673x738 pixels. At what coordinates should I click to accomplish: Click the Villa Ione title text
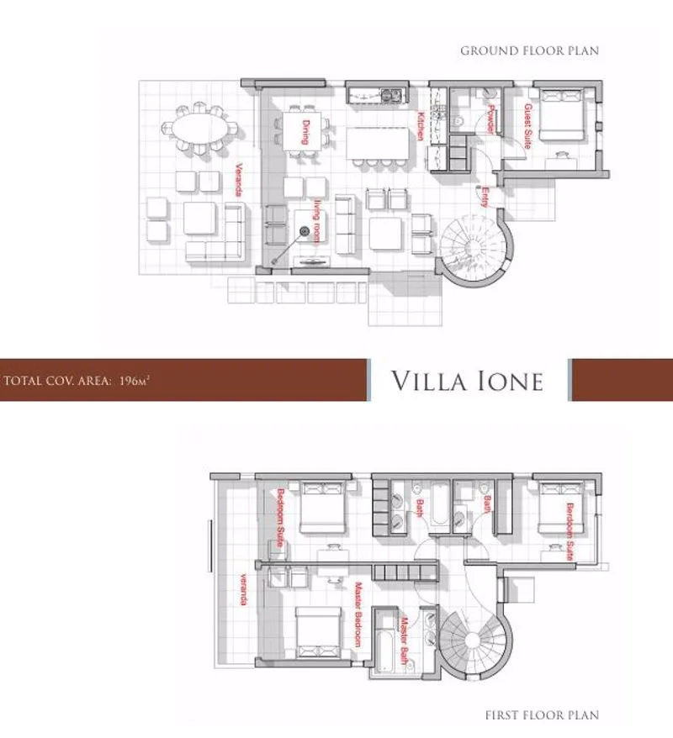[467, 381]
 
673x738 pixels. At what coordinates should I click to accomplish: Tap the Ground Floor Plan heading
[529, 50]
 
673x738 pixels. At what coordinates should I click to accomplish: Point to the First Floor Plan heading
[542, 715]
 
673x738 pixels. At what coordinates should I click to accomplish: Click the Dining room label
[305, 132]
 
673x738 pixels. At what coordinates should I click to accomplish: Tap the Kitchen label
[421, 126]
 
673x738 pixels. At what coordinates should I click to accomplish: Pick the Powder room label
[490, 119]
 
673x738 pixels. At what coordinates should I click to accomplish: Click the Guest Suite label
[528, 126]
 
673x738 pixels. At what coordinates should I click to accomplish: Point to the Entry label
[485, 198]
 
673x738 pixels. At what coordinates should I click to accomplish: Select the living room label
[318, 221]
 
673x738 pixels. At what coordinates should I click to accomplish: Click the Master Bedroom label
[358, 614]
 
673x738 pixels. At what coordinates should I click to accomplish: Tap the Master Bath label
[404, 640]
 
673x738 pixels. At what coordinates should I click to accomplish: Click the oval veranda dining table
[199, 128]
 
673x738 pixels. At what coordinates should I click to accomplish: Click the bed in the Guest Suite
[561, 114]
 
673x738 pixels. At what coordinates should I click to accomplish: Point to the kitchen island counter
[379, 144]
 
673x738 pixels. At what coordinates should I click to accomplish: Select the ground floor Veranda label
[239, 179]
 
